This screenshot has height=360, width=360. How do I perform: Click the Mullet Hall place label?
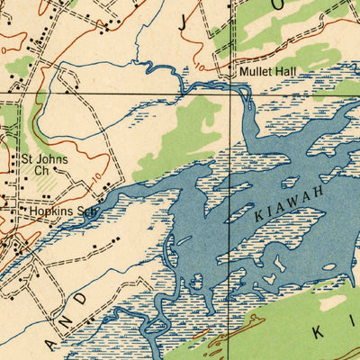click(270, 72)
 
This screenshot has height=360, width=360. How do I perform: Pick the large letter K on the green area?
click(317, 332)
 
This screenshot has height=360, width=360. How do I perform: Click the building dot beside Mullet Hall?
click(232, 72)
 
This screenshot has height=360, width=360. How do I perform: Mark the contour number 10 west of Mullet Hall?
click(199, 67)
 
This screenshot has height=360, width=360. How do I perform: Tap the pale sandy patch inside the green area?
click(334, 301)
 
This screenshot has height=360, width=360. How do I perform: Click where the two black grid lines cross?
click(245, 93)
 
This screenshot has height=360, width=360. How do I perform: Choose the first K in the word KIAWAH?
click(257, 217)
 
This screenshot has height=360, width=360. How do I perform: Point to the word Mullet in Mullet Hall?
click(256, 72)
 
